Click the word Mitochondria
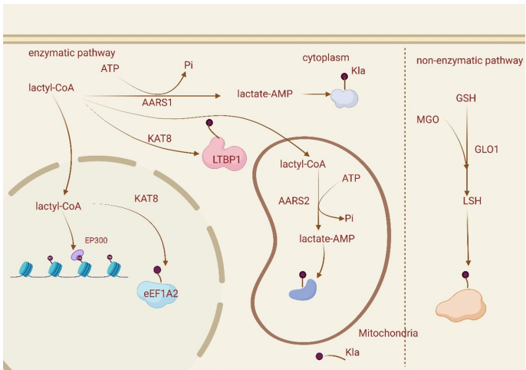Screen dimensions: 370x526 coord(388,333)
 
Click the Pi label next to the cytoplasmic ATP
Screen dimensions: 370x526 coord(189,65)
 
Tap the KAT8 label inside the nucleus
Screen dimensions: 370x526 coord(147,199)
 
